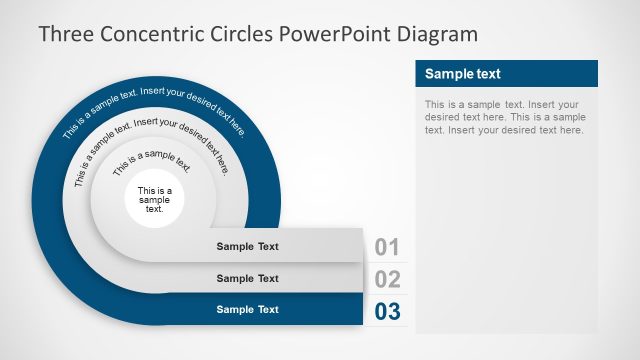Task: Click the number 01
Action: tap(387, 247)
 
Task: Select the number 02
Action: tap(387, 279)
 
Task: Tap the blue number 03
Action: tap(387, 311)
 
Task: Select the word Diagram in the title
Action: tap(438, 34)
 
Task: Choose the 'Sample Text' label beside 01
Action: tap(248, 246)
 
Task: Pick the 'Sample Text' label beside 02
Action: tap(248, 278)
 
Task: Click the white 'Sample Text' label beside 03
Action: tap(248, 310)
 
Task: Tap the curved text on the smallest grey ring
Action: tap(151, 161)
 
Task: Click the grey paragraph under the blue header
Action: tap(503, 117)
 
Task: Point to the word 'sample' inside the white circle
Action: tap(155, 200)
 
